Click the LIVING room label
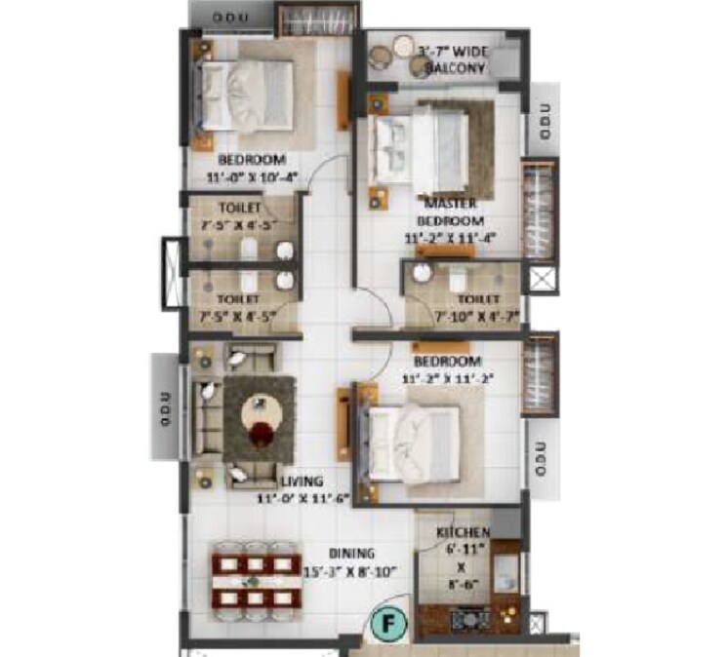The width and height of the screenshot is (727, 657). point(302,482)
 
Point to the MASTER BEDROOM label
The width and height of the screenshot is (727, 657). point(450,212)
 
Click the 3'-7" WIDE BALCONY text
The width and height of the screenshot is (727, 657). point(452,58)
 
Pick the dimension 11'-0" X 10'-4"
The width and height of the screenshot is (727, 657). point(251,177)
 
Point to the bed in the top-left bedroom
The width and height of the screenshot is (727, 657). point(252,93)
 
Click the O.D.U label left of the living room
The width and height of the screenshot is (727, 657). point(166,408)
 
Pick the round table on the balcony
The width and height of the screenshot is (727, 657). point(402,45)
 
